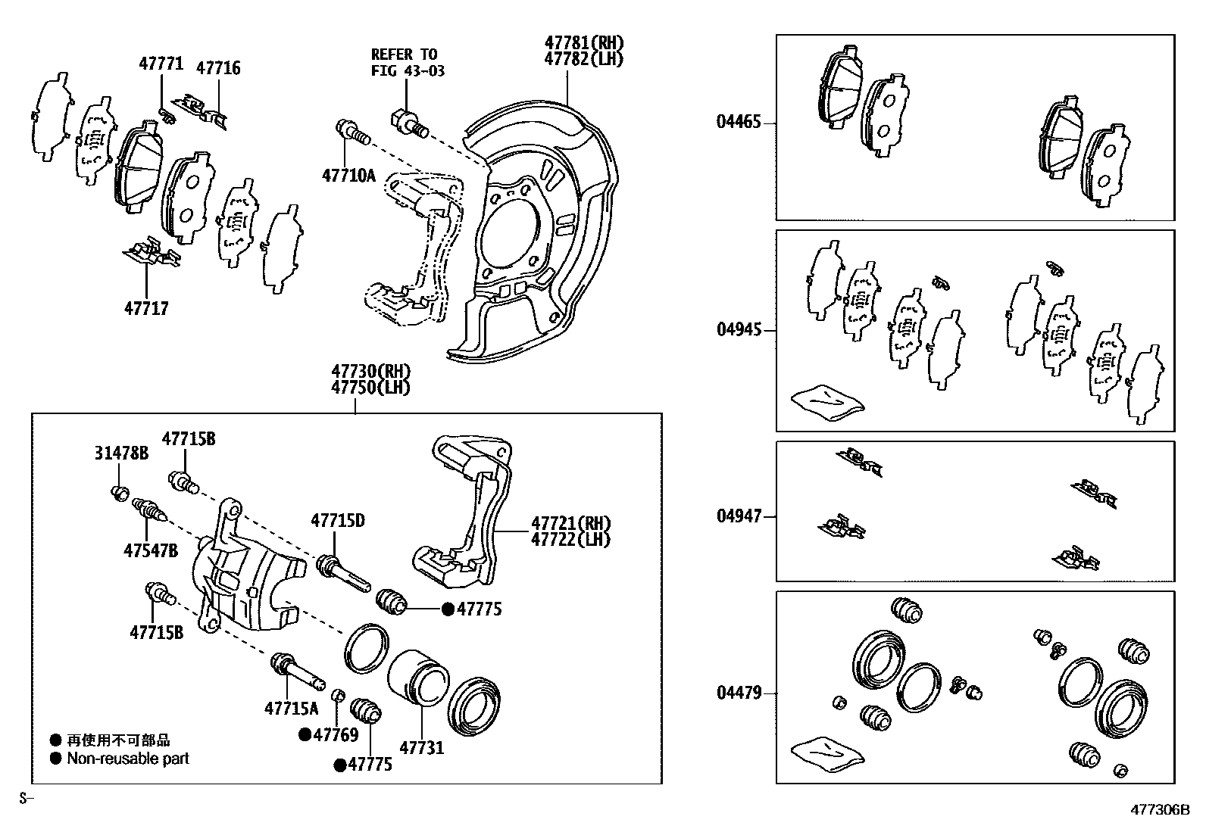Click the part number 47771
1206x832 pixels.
tap(161, 64)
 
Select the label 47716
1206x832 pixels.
tap(218, 68)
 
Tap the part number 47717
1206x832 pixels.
tap(146, 308)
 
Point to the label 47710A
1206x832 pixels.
tap(348, 176)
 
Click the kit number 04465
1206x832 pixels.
tap(739, 121)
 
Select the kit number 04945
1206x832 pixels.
tap(739, 331)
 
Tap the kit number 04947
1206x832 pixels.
tap(739, 516)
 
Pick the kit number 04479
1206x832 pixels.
tap(739, 693)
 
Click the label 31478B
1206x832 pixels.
tap(121, 453)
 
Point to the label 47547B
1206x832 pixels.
tap(151, 550)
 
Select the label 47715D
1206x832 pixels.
tap(338, 521)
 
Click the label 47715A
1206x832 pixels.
tap(292, 709)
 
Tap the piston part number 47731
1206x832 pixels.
tap(421, 748)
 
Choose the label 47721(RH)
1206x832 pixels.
tap(570, 523)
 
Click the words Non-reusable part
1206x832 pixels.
tap(128, 758)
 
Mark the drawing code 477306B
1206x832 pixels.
tap(1161, 809)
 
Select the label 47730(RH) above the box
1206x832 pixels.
tap(370, 372)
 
